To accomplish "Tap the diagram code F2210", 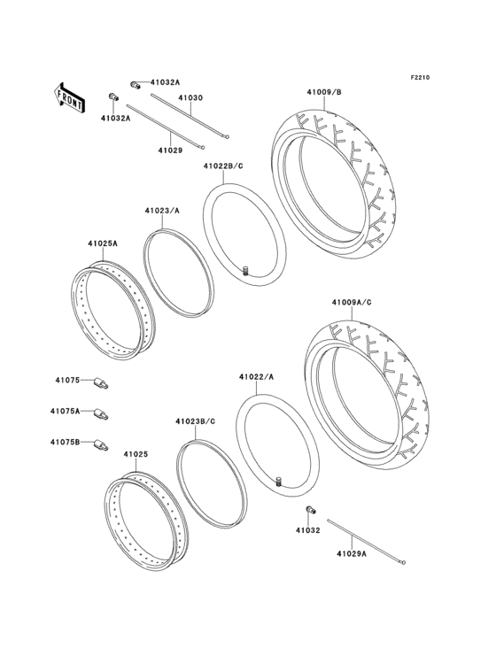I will tap(419, 78).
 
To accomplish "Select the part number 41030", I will tap(190, 97).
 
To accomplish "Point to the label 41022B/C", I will tap(223, 166).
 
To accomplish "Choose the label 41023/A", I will tap(162, 211).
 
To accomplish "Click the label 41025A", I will tap(103, 243).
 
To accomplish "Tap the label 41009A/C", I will tap(352, 303).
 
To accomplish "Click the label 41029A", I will tap(353, 554).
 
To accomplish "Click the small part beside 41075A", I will tap(103, 413).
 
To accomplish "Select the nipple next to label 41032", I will tap(310, 511).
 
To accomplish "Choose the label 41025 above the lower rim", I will tap(135, 454).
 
